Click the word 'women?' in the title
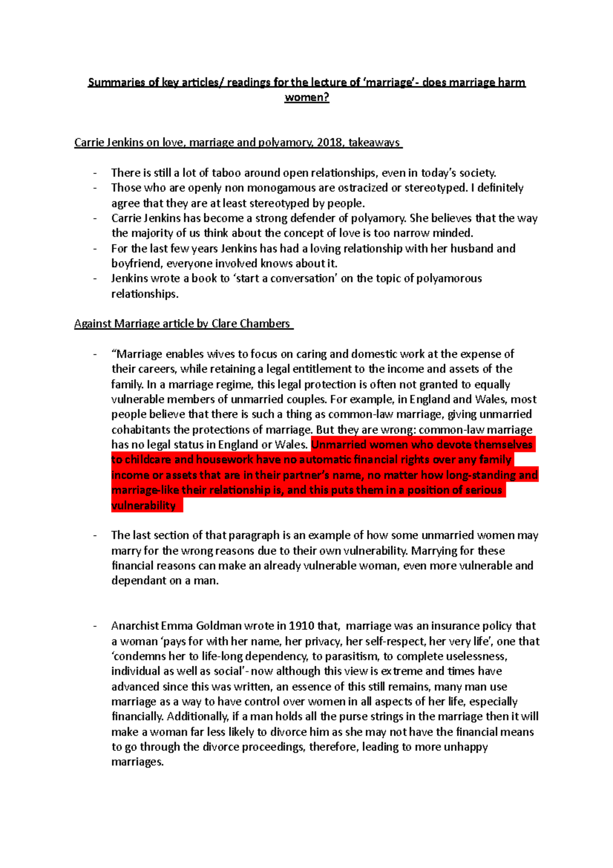(x=306, y=98)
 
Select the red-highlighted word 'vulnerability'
(x=144, y=506)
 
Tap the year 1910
(x=301, y=626)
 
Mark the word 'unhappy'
(x=465, y=747)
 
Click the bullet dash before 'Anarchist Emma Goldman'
(x=95, y=626)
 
